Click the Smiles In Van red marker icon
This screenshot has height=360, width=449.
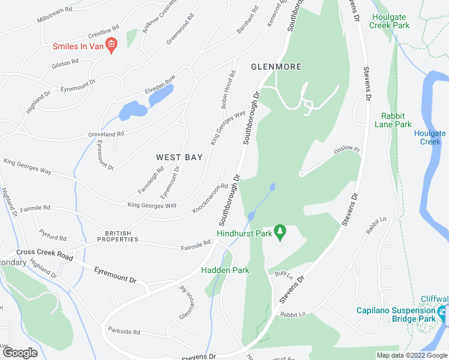110,44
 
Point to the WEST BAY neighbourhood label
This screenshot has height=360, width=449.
179,157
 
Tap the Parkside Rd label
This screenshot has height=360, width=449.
124,331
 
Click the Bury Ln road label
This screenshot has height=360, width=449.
283,275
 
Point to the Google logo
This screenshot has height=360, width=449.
19,353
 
